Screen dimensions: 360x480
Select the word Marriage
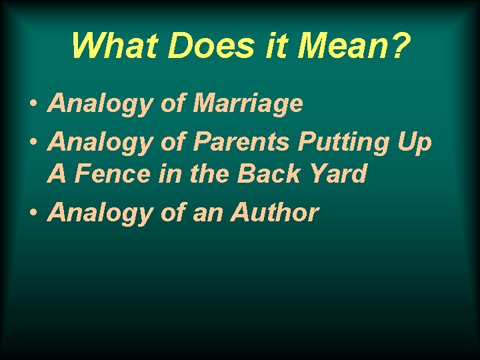(x=247, y=103)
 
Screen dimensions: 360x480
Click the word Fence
(x=114, y=173)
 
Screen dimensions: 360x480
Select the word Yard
(x=336, y=173)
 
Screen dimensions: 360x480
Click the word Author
(x=275, y=213)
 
